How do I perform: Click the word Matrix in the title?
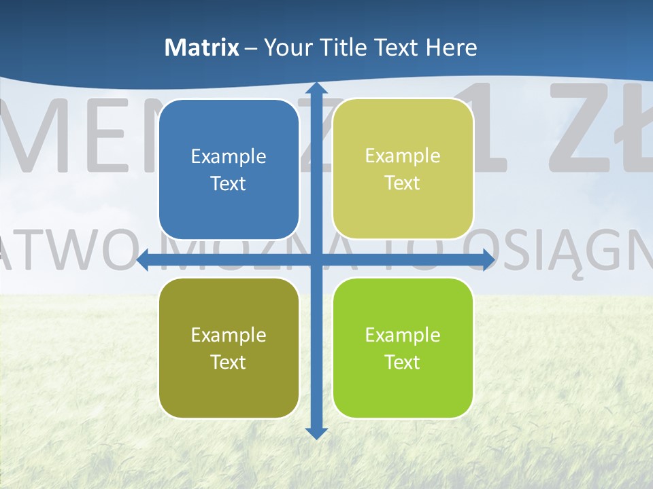pos(202,48)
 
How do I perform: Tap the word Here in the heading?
pos(452,48)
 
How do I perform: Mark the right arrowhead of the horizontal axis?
pos(488,260)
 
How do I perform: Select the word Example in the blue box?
pos(229,156)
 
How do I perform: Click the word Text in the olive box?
pos(229,362)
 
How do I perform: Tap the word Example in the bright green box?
pos(403,335)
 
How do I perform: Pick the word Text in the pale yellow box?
pos(403,183)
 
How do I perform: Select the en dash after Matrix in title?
pos(251,48)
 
